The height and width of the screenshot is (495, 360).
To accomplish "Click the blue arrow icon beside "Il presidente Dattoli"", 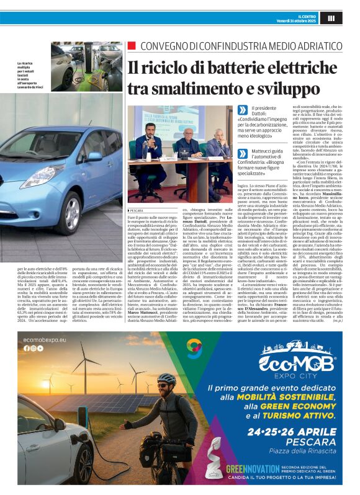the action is coord(238,109).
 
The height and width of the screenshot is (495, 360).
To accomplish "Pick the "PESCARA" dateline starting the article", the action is coord(137,210).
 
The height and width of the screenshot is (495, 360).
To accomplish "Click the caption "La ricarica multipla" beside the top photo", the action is coord(31,64).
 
